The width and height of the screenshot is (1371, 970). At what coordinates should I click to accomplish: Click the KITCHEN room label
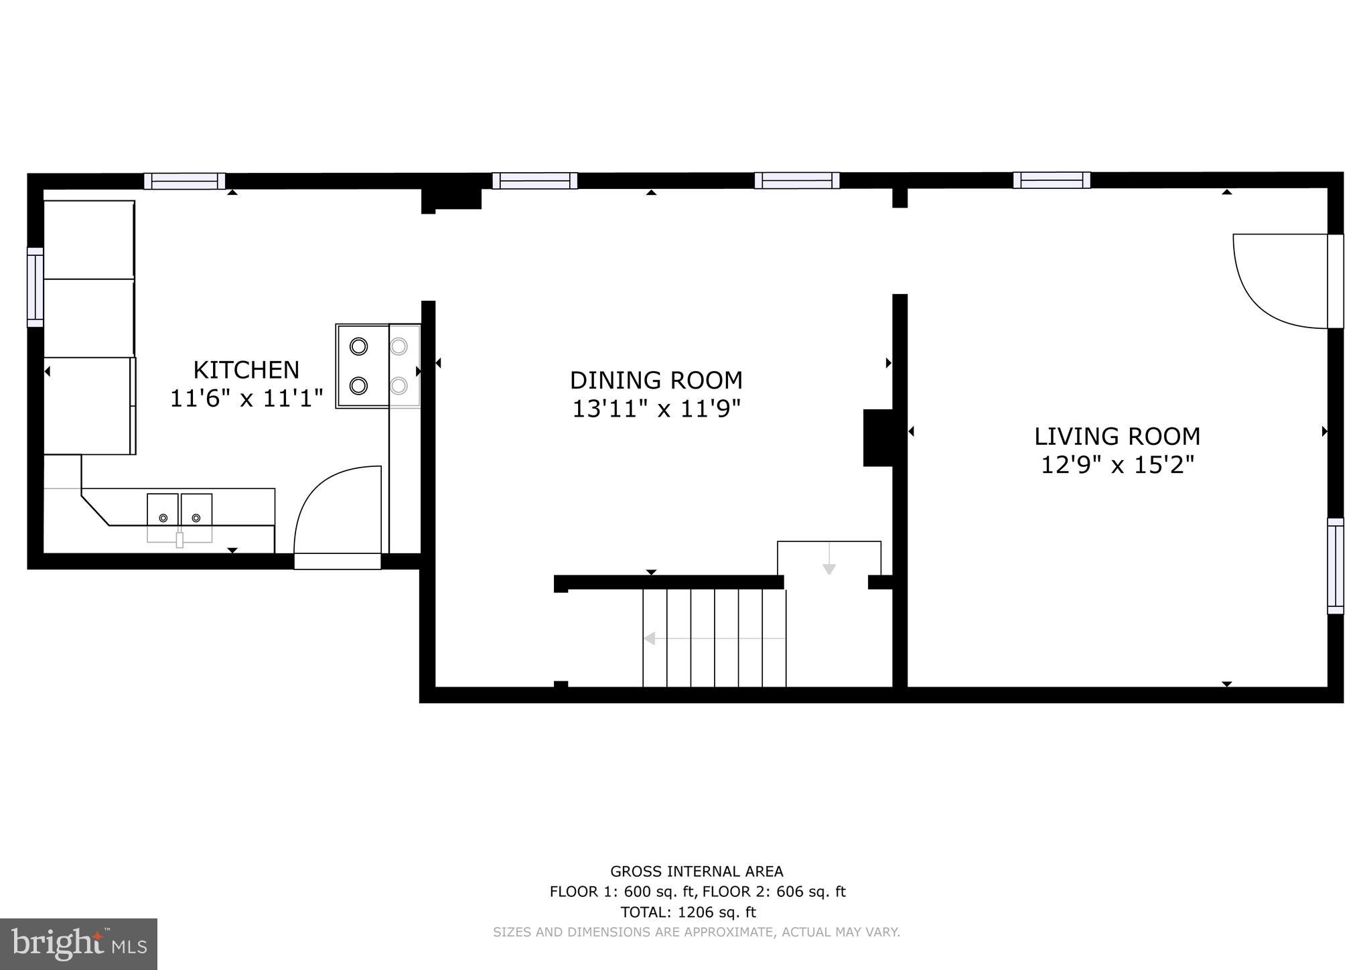coord(246,370)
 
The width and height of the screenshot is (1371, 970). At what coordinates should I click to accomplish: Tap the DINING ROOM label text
coord(656,380)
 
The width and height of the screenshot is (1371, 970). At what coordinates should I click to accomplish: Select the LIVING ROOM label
coord(1116,437)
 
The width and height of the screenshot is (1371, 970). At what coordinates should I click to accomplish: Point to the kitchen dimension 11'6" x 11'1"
coord(246,399)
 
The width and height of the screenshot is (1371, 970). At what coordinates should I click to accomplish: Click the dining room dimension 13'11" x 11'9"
coord(656,409)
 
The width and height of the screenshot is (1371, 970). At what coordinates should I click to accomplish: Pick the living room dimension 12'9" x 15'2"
coord(1116,465)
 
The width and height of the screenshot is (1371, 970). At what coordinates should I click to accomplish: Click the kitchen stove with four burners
coord(378,366)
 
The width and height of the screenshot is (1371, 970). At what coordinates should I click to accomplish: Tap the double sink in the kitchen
coord(179,518)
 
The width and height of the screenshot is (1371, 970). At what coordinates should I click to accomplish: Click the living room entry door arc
coord(1276,281)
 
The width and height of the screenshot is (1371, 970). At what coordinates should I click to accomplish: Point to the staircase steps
coord(714,638)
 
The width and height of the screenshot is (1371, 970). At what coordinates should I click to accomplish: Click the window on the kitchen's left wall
coord(35,287)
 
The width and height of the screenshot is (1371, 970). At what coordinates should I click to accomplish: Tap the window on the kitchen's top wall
coord(184,181)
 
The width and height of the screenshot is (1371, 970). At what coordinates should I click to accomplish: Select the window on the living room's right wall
coord(1335,566)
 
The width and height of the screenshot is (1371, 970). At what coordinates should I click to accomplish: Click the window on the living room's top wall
coord(1051,180)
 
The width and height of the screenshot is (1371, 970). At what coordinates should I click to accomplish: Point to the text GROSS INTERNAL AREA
coord(696,872)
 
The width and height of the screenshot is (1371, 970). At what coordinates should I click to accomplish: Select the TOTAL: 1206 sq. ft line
coord(688,912)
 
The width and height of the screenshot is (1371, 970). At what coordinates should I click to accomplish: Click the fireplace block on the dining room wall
coord(877,437)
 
